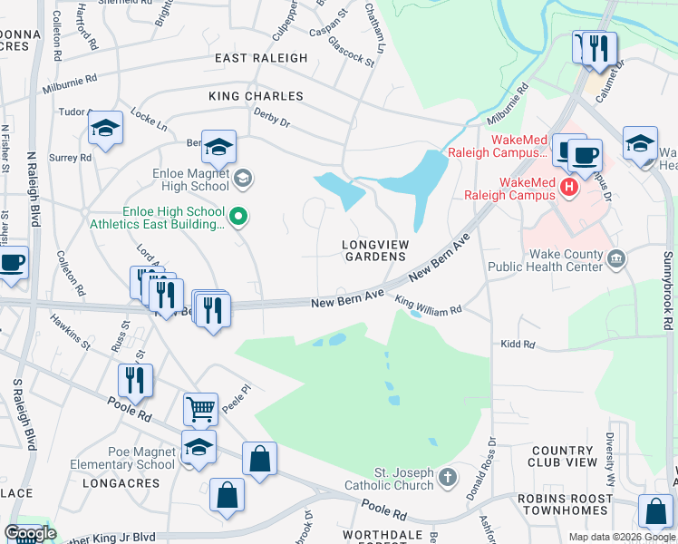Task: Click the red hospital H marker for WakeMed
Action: click(569, 189)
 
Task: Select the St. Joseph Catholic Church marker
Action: click(447, 477)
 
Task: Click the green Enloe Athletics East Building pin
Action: click(239, 216)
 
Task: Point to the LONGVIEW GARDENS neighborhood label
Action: click(373, 250)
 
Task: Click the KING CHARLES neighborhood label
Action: click(256, 95)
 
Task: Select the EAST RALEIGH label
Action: click(261, 58)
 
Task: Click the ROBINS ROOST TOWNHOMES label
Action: click(576, 505)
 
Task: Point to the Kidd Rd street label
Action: click(517, 345)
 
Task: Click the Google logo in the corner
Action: click(30, 533)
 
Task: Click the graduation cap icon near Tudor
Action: click(106, 128)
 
